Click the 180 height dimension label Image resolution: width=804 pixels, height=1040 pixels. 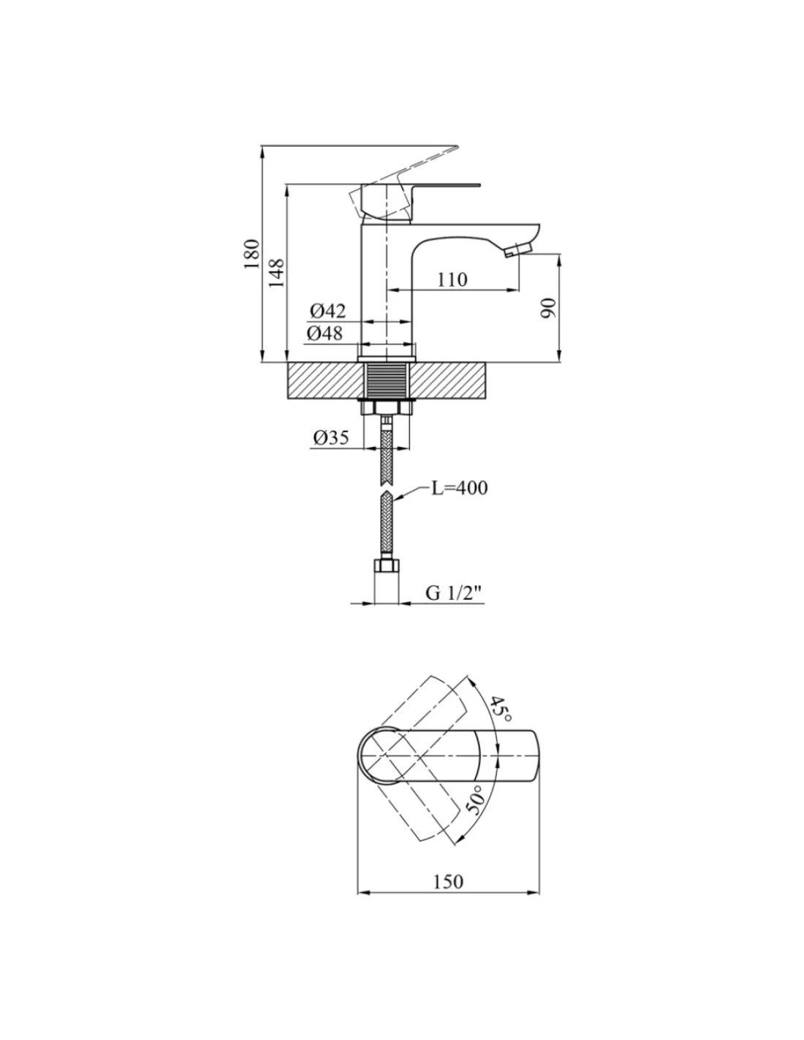click(251, 254)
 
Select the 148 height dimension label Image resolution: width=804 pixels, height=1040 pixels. click(276, 273)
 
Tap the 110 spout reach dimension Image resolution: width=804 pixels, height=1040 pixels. click(452, 279)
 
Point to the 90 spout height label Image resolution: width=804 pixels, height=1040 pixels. click(548, 308)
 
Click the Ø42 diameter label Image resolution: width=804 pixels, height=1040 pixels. click(327, 311)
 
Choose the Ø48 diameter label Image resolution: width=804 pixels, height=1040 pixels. click(325, 333)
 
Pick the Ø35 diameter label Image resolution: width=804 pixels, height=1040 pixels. click(331, 437)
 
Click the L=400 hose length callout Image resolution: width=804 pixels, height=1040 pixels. click(460, 488)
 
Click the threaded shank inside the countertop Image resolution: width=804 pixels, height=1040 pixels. click(387, 380)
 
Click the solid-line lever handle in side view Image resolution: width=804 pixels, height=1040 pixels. click(412, 201)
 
